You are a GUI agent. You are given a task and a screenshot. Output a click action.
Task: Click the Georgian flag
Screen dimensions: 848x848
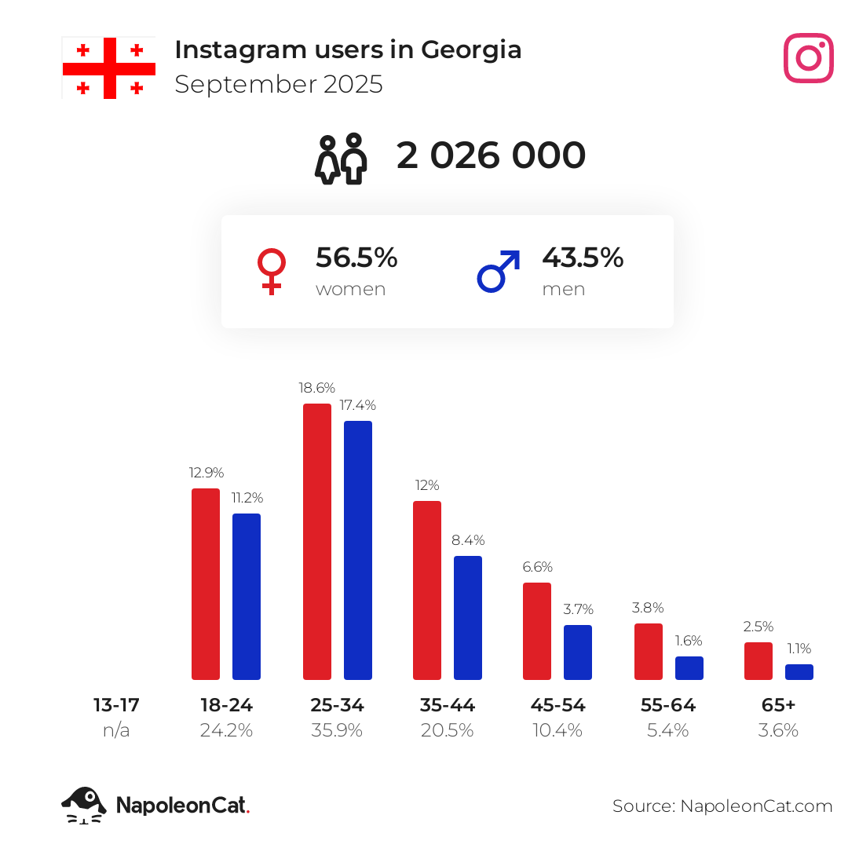[108, 68]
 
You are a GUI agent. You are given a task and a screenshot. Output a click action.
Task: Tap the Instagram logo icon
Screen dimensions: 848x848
[808, 58]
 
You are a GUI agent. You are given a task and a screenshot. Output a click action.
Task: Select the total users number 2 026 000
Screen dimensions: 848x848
[491, 155]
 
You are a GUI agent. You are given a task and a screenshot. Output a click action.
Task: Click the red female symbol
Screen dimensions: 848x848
[272, 272]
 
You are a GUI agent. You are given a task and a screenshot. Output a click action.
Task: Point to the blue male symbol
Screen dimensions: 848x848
[498, 272]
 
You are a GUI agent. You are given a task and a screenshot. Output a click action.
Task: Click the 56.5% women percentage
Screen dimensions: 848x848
[356, 258]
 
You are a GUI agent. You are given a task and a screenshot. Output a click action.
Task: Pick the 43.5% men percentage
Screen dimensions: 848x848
[583, 258]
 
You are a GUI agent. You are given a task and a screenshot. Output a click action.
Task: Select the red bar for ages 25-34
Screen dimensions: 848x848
[317, 542]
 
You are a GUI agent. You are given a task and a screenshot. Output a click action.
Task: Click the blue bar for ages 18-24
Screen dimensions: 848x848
[247, 597]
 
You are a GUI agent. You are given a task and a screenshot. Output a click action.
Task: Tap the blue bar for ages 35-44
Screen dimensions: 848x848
[468, 618]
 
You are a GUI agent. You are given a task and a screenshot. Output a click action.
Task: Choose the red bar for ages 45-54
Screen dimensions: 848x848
[537, 631]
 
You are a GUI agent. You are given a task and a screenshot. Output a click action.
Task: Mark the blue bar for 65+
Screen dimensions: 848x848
[799, 672]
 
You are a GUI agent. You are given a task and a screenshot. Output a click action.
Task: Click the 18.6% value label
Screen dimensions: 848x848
[317, 388]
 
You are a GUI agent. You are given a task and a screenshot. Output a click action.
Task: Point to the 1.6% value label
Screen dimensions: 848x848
[689, 641]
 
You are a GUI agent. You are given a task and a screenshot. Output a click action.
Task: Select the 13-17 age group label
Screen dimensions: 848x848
[116, 705]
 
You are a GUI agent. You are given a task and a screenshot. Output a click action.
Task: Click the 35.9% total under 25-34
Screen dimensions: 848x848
[337, 730]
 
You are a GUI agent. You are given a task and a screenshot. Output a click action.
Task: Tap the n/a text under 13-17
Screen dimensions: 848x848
[116, 730]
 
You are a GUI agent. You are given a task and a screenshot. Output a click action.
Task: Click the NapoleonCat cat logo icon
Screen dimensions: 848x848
[84, 806]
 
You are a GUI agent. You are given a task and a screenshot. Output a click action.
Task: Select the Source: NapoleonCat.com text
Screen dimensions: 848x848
[722, 806]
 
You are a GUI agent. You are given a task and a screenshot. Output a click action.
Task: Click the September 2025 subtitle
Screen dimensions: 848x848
[279, 84]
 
